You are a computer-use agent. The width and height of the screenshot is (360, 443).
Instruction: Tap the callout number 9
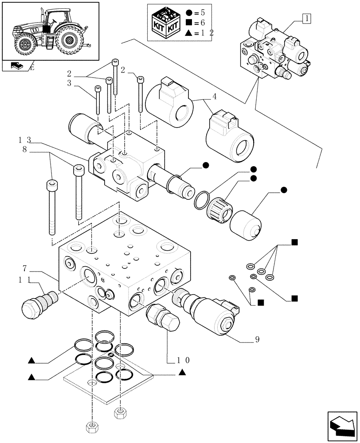pyautogui.click(x=257, y=340)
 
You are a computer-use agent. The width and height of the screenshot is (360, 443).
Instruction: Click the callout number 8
pyautogui.click(x=25, y=150)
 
